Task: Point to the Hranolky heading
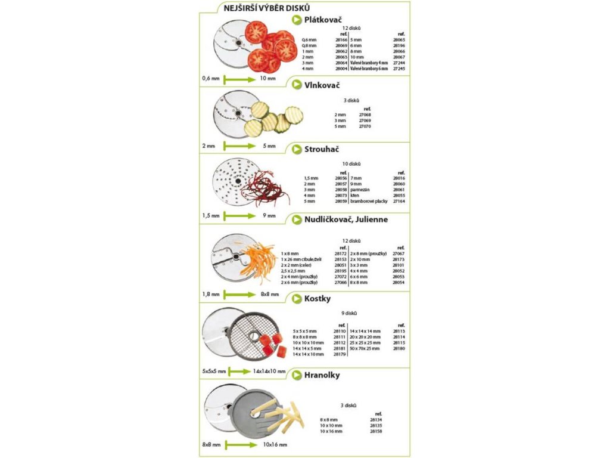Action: point(322,375)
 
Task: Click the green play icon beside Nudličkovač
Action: point(296,219)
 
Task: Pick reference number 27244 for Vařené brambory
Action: point(400,63)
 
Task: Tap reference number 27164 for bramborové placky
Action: point(399,201)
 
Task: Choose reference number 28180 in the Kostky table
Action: point(399,348)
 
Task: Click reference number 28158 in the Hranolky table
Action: point(376,431)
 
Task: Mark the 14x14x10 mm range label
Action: point(269,371)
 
